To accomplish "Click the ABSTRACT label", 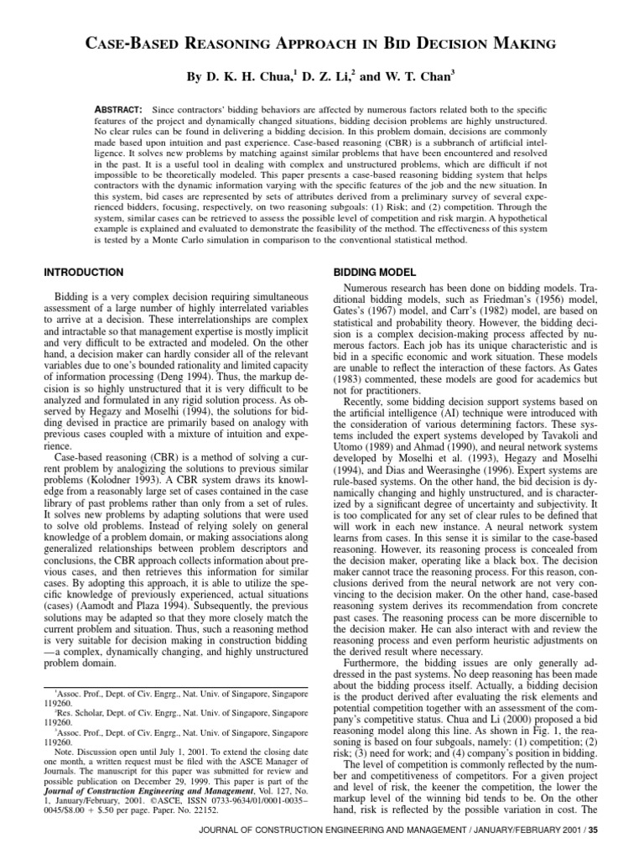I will (121, 111).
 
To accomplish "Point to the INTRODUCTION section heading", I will (82, 273).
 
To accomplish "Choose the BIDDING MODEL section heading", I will (373, 273).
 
